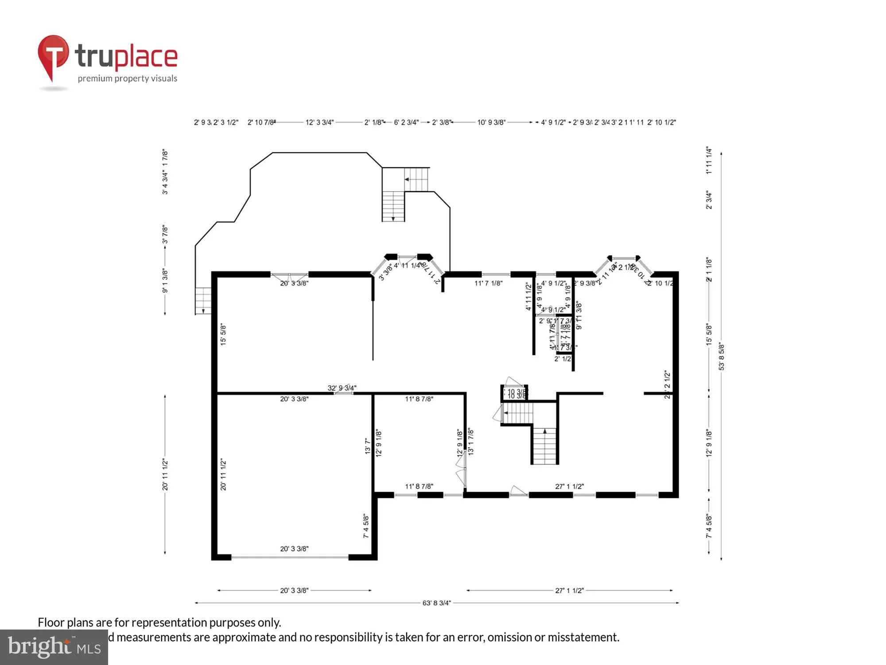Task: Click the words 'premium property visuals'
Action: tap(128, 78)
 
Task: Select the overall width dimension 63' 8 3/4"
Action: tap(436, 603)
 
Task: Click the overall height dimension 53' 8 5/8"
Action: tap(722, 356)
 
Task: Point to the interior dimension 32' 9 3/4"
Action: tap(342, 388)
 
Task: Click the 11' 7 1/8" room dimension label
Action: tap(488, 283)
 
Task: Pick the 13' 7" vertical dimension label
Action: tap(367, 446)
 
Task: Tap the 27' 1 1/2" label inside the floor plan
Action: tap(569, 486)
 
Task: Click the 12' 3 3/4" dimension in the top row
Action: tap(319, 122)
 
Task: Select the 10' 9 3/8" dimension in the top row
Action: tap(491, 122)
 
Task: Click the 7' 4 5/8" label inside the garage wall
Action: tap(366, 526)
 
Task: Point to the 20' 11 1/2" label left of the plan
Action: tap(165, 474)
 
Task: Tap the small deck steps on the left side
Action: tap(203, 301)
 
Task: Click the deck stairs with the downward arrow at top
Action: tap(393, 206)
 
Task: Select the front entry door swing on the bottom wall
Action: tap(518, 491)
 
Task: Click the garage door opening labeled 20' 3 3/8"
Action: tap(290, 557)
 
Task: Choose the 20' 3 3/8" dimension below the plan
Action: tap(294, 591)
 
